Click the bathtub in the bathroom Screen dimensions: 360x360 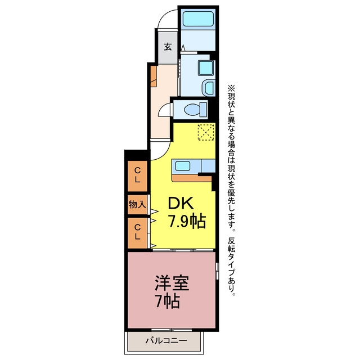tap(198, 19)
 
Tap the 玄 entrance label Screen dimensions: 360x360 tap(168, 47)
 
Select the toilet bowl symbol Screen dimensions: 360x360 tap(195, 110)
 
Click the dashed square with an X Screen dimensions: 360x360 tap(206, 132)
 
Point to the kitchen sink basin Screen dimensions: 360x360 tap(183, 166)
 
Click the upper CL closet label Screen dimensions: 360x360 tap(137, 175)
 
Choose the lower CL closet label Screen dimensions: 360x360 tap(137, 232)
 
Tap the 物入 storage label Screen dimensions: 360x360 tap(137, 204)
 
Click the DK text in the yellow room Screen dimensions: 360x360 tap(181, 204)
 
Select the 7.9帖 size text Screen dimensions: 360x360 tap(187, 221)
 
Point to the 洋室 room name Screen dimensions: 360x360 tap(172, 282)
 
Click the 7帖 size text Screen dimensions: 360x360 tap(167, 301)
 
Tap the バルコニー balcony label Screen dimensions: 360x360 tap(166, 340)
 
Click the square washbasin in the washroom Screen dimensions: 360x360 tap(205, 68)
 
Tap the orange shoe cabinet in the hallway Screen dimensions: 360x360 tap(154, 76)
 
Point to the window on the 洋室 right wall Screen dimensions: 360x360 tap(217, 271)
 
